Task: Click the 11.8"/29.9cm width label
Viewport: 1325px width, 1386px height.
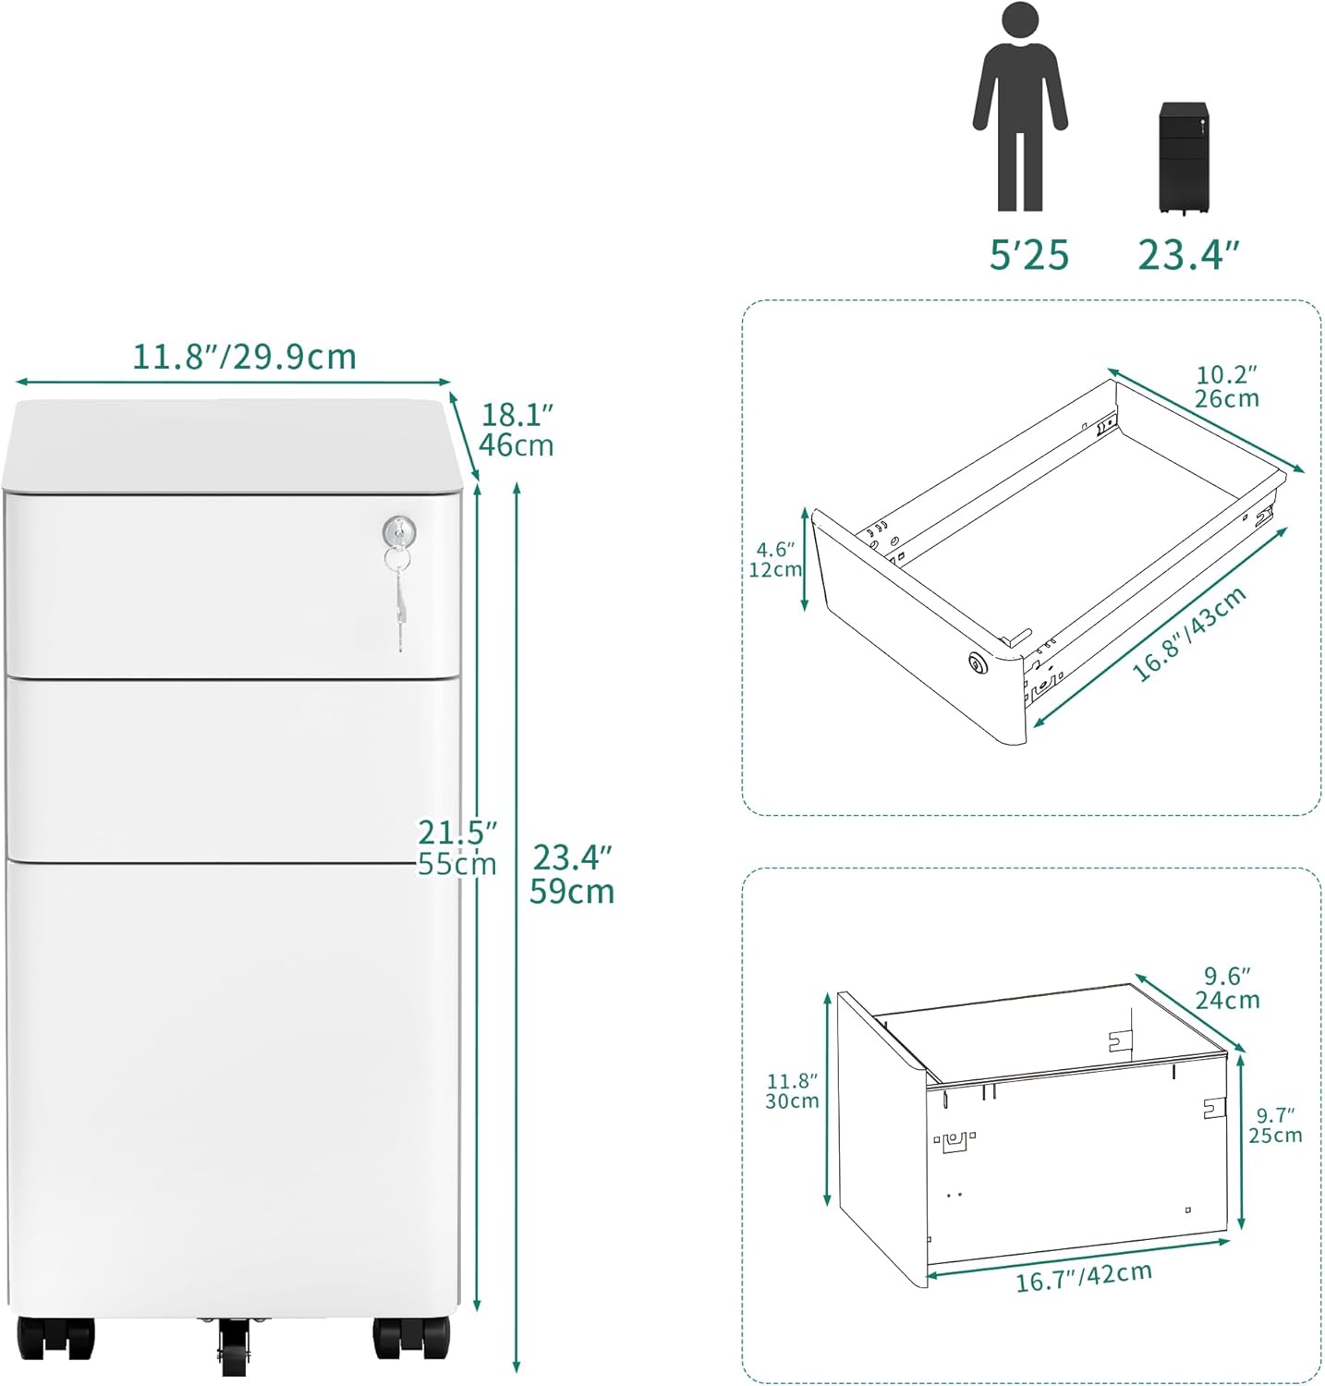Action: click(x=244, y=356)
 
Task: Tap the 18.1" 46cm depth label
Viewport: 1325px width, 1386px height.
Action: click(x=517, y=430)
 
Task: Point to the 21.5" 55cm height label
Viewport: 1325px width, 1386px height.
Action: click(x=457, y=847)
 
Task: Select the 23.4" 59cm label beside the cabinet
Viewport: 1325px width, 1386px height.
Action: click(x=572, y=874)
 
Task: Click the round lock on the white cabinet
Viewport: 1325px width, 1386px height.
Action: click(x=399, y=530)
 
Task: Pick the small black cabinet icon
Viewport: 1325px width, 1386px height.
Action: click(x=1184, y=159)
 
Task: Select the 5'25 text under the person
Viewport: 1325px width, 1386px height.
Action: click(x=1028, y=254)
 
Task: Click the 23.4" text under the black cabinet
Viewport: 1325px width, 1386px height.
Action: click(x=1187, y=254)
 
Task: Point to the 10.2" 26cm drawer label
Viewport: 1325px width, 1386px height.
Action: click(x=1227, y=386)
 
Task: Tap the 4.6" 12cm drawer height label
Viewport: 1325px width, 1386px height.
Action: click(x=775, y=559)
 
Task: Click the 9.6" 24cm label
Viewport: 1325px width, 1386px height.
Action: click(x=1227, y=988)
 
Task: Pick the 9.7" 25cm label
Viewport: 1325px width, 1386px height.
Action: click(x=1275, y=1125)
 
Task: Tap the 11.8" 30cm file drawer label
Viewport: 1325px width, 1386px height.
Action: click(x=792, y=1090)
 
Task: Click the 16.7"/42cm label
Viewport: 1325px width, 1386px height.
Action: click(x=1084, y=1277)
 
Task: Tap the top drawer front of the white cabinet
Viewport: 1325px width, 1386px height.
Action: click(x=231, y=582)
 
